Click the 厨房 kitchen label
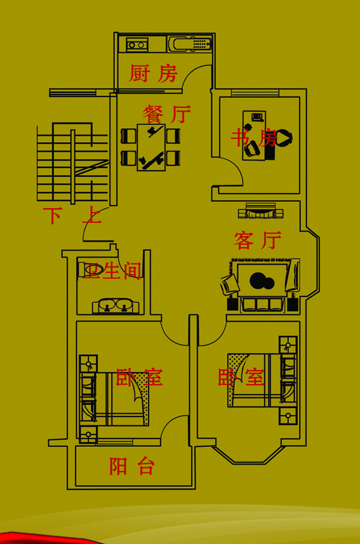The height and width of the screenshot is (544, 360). (x=153, y=73)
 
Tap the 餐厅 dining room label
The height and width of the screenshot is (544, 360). (x=166, y=114)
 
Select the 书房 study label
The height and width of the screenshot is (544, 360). (x=254, y=138)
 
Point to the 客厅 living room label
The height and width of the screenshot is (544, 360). (x=257, y=240)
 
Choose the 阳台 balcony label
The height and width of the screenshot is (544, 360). (x=132, y=466)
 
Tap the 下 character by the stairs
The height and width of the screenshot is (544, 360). (x=52, y=215)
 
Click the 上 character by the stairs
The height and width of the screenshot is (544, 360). (x=92, y=215)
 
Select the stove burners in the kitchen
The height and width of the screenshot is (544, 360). (x=137, y=45)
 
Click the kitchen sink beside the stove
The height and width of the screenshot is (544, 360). (x=190, y=44)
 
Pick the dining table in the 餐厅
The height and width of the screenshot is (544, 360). (x=151, y=147)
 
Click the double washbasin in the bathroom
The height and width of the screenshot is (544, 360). (x=116, y=306)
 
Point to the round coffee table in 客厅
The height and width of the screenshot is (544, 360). (x=262, y=281)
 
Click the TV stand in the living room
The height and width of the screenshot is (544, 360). (x=261, y=211)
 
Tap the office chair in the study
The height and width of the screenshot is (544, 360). (x=284, y=138)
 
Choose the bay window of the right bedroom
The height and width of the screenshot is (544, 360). (x=249, y=454)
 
